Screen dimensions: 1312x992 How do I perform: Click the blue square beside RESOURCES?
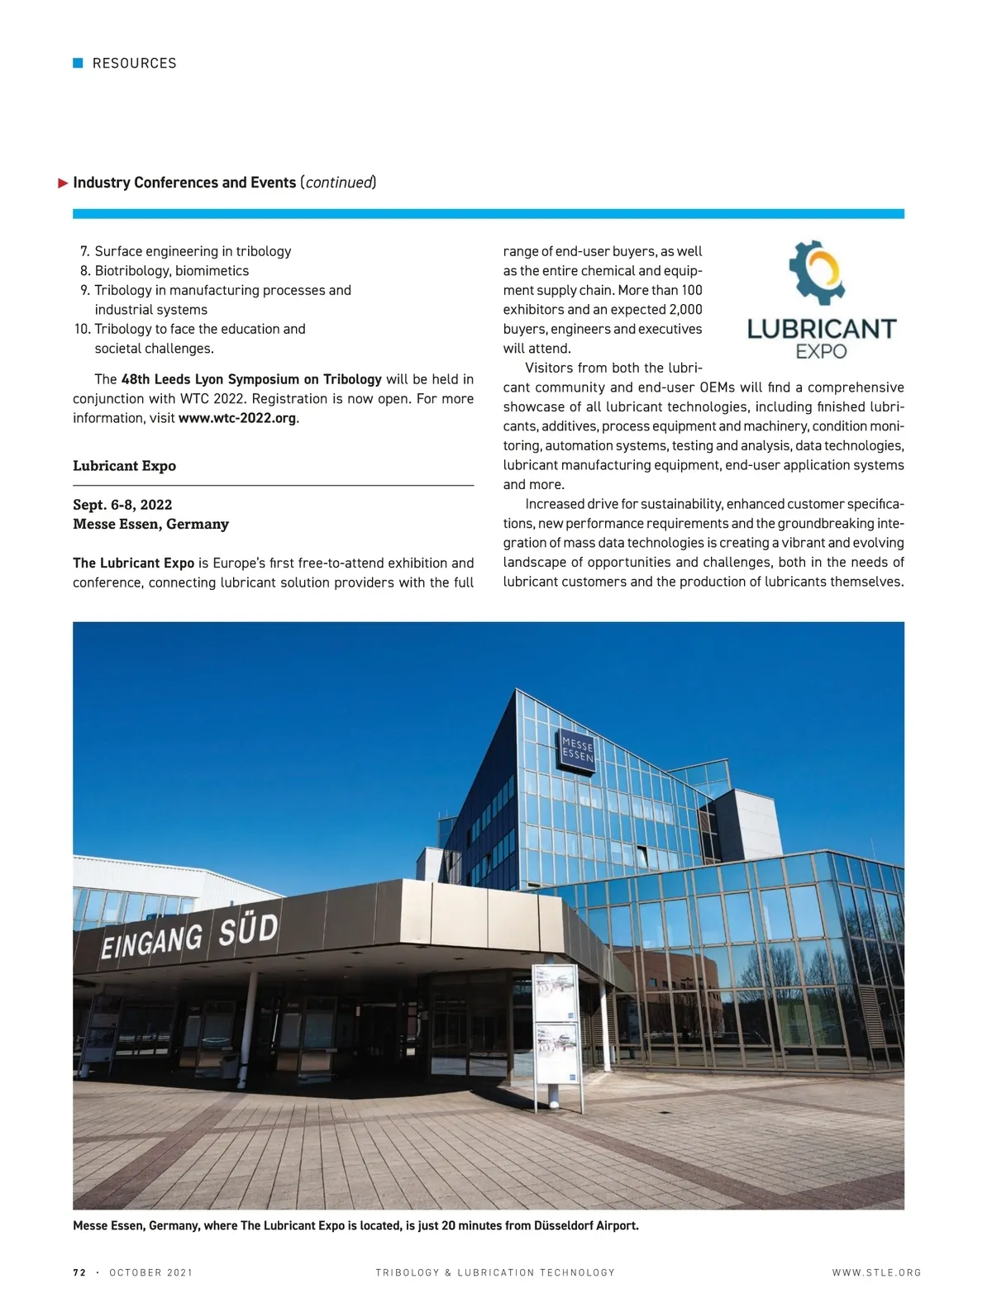pyautogui.click(x=79, y=63)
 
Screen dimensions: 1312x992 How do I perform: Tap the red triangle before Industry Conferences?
pyautogui.click(x=63, y=183)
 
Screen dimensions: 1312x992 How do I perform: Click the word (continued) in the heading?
pyautogui.click(x=338, y=183)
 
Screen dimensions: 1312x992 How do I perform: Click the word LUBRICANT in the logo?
pyautogui.click(x=821, y=329)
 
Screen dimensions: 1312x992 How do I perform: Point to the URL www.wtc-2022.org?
pyautogui.click(x=237, y=418)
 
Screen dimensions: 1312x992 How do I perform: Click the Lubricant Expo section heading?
pyautogui.click(x=124, y=466)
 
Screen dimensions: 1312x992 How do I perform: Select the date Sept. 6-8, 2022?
pyautogui.click(x=122, y=505)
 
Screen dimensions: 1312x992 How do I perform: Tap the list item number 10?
pyautogui.click(x=82, y=329)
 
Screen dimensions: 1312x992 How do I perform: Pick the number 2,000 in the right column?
pyautogui.click(x=685, y=310)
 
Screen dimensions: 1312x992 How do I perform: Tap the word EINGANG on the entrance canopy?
pyautogui.click(x=151, y=941)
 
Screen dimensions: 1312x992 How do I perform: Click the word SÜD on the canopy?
pyautogui.click(x=248, y=929)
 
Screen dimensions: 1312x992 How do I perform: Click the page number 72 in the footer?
pyautogui.click(x=79, y=1272)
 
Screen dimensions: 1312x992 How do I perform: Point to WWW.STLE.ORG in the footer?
pyautogui.click(x=876, y=1272)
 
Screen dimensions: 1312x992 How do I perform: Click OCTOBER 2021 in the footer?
pyautogui.click(x=150, y=1272)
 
